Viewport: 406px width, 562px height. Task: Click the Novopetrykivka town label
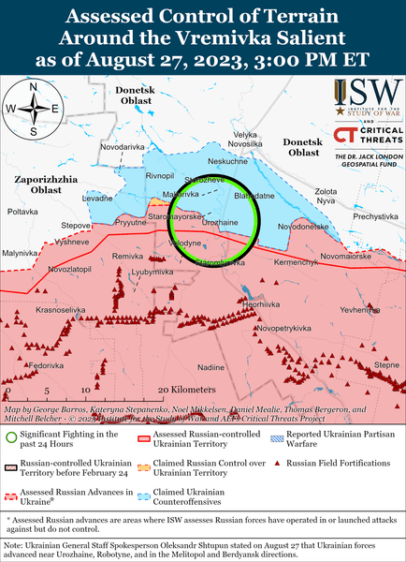tap(284, 329)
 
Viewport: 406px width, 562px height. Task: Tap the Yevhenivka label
tap(358, 308)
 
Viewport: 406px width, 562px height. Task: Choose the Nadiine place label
tap(212, 366)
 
